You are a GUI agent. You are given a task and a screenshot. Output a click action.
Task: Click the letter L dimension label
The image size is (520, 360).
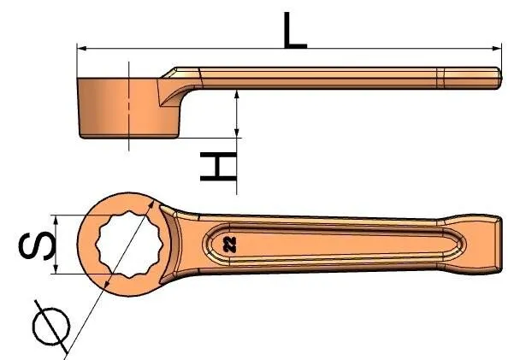click(295, 31)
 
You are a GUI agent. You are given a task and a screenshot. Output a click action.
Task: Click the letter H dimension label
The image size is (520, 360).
click(219, 167)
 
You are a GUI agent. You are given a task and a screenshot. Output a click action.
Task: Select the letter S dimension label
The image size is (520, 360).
click(37, 245)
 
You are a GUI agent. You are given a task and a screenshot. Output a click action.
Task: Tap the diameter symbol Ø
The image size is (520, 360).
click(51, 327)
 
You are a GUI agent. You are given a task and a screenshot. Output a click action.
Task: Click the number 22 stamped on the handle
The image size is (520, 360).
click(230, 245)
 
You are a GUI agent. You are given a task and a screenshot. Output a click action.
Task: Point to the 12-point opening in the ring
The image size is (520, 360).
click(128, 245)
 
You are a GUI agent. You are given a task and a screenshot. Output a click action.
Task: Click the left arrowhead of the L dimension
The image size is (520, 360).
click(82, 49)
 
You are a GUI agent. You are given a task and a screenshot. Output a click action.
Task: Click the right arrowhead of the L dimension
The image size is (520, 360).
click(496, 49)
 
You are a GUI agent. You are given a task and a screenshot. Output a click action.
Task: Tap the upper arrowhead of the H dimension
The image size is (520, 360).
click(236, 94)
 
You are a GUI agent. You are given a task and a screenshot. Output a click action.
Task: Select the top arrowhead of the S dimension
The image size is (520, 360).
click(56, 220)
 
